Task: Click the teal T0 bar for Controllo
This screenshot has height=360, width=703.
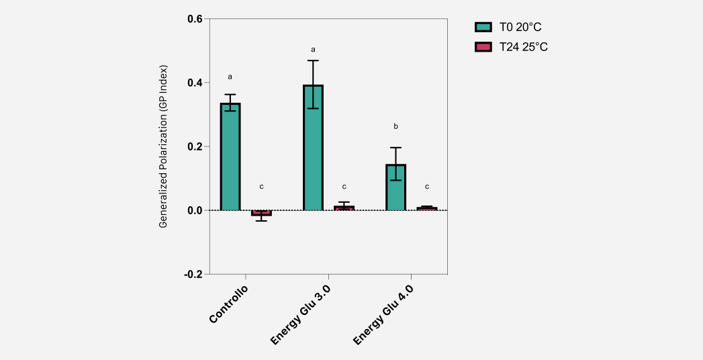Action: (x=230, y=157)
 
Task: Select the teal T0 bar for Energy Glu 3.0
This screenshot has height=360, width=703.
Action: (x=313, y=148)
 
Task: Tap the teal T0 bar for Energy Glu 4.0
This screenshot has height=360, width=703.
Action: (x=395, y=187)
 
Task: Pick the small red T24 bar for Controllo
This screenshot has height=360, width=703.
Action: (x=261, y=213)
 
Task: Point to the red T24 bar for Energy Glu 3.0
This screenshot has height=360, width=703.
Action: (x=344, y=208)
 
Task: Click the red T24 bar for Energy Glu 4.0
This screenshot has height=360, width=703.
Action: (x=426, y=209)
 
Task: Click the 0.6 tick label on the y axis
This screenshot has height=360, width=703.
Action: (x=195, y=19)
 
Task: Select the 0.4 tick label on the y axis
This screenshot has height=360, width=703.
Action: (x=195, y=83)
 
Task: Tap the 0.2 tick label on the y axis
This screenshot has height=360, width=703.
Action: (x=195, y=146)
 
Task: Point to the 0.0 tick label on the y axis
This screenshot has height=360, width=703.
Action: (x=195, y=210)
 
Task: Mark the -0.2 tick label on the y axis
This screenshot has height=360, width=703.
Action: (x=193, y=274)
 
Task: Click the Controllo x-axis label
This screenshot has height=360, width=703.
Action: (x=229, y=304)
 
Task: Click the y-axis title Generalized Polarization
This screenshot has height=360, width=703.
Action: (x=163, y=146)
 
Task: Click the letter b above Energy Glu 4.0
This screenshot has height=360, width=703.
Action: (x=395, y=126)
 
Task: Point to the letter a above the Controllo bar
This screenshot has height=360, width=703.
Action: (x=230, y=77)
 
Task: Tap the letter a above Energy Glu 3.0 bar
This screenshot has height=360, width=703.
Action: (x=313, y=49)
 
